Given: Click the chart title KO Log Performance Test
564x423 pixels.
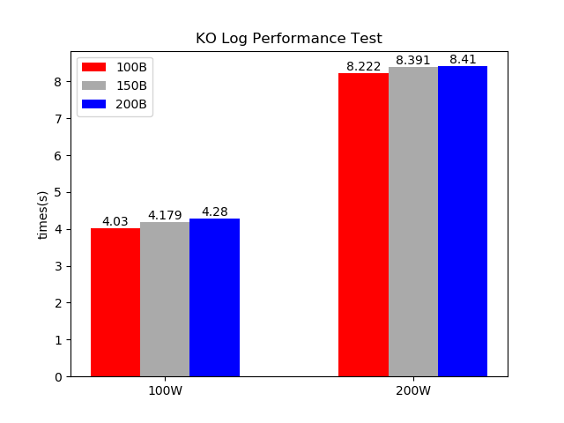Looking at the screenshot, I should click(x=288, y=39).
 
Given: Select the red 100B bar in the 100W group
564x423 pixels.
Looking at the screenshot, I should click(x=115, y=302).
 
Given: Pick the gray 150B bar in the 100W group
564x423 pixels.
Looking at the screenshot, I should click(x=165, y=300).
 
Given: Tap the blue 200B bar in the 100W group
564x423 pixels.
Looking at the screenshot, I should click(x=214, y=298).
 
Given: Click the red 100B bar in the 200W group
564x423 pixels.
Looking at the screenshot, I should click(x=363, y=225).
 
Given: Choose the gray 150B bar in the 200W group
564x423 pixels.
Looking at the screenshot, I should click(x=412, y=222).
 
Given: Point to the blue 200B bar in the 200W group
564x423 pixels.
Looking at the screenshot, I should click(x=463, y=221).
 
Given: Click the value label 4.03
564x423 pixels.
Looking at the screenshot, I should click(x=115, y=221).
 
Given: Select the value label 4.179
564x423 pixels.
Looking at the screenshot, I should click(x=165, y=215).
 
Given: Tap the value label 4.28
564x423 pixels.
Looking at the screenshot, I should click(x=214, y=211).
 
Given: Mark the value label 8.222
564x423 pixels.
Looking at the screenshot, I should click(x=363, y=66).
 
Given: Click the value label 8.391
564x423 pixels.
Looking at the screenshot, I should click(x=412, y=60).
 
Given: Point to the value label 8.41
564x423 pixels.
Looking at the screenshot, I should click(x=463, y=59).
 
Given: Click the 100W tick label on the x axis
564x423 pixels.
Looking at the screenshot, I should click(x=165, y=390).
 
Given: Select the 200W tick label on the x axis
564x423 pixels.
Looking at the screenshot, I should click(x=412, y=390).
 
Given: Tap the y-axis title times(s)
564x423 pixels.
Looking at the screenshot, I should click(x=42, y=214).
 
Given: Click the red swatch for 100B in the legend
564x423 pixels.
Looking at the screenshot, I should click(x=93, y=67).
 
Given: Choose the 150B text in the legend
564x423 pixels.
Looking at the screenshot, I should click(x=131, y=85).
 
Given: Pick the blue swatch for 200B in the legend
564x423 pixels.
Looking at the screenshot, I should click(x=93, y=104).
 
